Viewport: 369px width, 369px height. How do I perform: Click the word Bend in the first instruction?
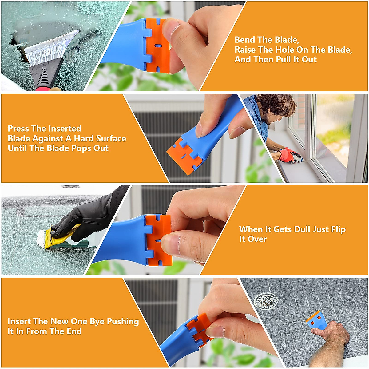[x=245, y=40]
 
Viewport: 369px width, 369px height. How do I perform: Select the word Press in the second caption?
[x=18, y=129]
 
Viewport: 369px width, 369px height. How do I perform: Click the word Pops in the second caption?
[x=81, y=148]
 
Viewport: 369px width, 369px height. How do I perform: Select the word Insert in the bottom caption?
[x=19, y=321]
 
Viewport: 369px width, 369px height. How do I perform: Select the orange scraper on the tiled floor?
[x=317, y=320]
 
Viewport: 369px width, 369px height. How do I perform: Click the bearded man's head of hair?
[x=278, y=103]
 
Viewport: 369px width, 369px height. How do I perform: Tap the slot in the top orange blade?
[x=158, y=45]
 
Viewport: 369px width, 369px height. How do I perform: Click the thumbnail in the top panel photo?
[x=171, y=31]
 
